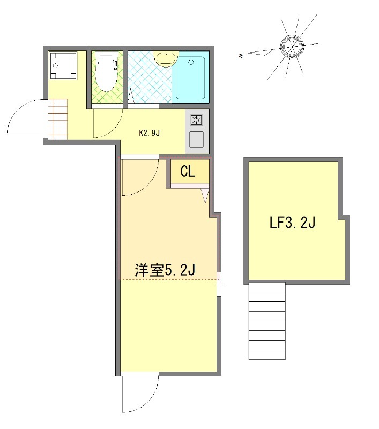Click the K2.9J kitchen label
pos(150,133)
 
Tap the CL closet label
pos(187,172)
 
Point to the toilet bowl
pos(106,76)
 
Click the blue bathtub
pos(190,78)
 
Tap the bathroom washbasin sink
pos(165,58)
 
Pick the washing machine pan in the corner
pos(62,66)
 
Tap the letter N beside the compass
pos(242,55)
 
